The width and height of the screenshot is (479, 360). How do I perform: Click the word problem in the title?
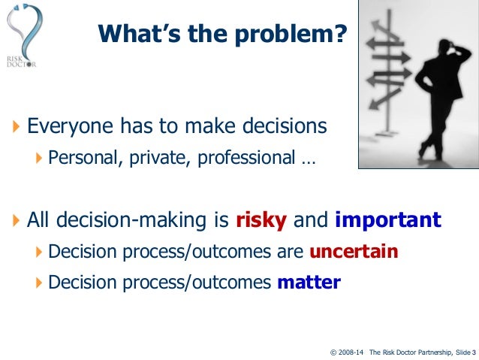coord(299,33)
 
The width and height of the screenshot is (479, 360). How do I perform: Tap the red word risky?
coord(261,220)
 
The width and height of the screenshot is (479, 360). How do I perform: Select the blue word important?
coord(387,220)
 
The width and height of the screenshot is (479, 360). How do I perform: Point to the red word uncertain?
coord(353,251)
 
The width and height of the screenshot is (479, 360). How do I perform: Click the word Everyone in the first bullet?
coord(65,126)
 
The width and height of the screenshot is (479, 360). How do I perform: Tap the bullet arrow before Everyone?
coord(17,126)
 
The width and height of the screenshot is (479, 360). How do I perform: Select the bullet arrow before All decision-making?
coord(17,221)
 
